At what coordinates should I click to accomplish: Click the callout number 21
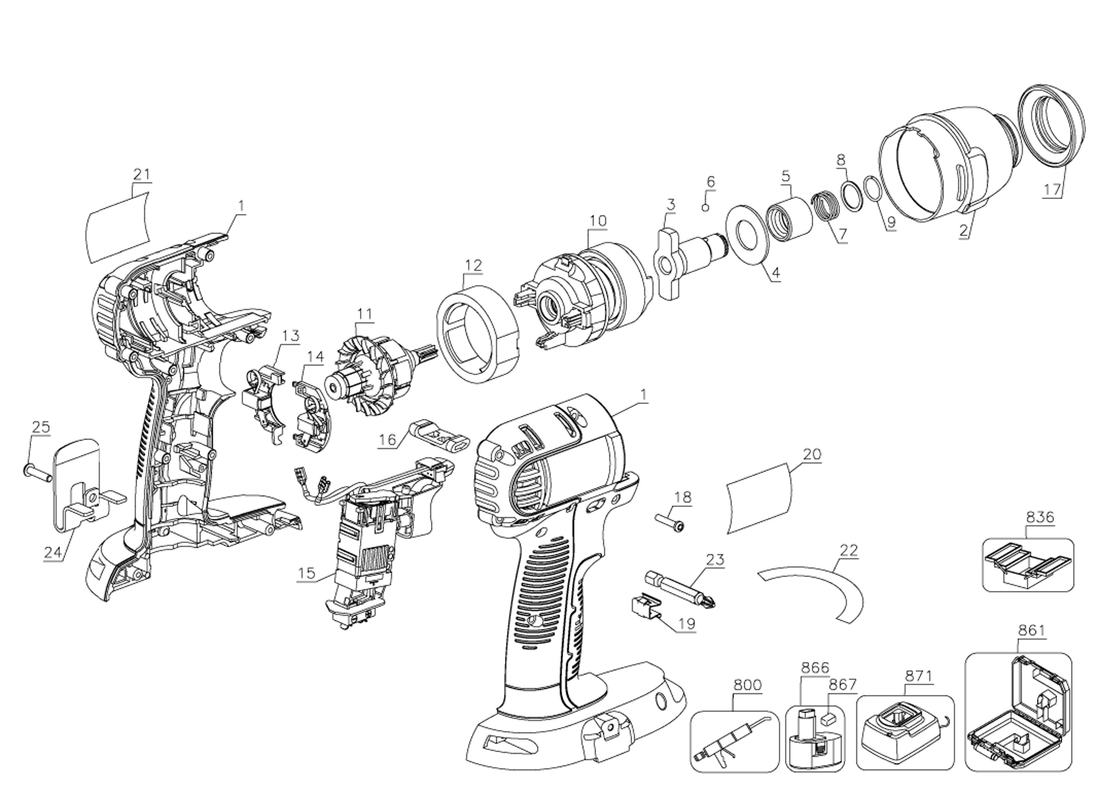[x=141, y=174]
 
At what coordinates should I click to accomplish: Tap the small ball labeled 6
[x=706, y=207]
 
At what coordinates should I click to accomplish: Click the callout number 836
[x=1040, y=517]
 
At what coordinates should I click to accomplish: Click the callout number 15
[x=307, y=573]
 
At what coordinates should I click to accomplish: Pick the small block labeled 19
[x=644, y=607]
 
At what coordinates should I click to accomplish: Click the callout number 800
[x=747, y=685]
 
